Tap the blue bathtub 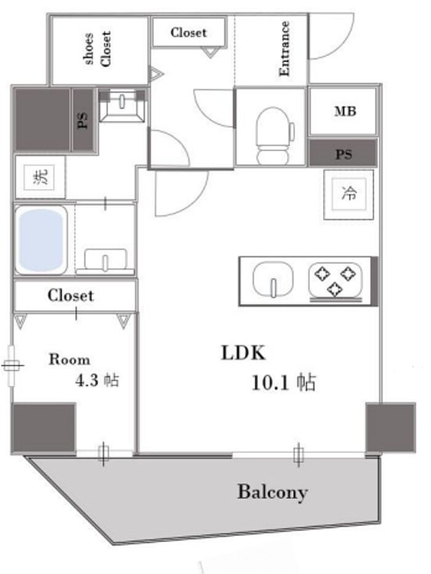tap(42, 240)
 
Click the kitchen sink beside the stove tap(272, 280)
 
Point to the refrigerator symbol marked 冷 tap(348, 194)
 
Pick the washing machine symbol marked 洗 tap(39, 178)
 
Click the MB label tap(345, 112)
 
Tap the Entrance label tap(284, 49)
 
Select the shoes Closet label tap(97, 49)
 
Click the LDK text tap(243, 354)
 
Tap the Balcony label tap(272, 492)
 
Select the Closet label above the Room tap(71, 296)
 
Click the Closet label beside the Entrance tap(188, 33)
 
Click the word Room tap(70, 360)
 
